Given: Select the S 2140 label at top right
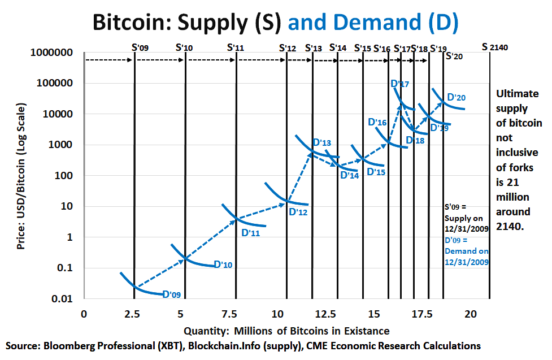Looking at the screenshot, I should [x=495, y=47].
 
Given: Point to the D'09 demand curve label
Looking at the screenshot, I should [x=172, y=294].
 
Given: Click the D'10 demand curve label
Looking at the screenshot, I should [x=223, y=264].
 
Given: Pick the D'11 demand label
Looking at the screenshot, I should [x=250, y=232].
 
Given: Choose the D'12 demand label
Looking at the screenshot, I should [x=298, y=212].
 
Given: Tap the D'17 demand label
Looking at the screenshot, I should [x=400, y=84].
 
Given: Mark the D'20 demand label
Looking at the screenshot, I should [x=457, y=98].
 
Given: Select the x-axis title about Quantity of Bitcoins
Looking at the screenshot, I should [x=286, y=330].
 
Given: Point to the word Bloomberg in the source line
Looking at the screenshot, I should [x=71, y=345].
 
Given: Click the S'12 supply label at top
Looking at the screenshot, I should [x=288, y=48].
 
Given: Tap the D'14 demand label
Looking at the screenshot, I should [x=349, y=175].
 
